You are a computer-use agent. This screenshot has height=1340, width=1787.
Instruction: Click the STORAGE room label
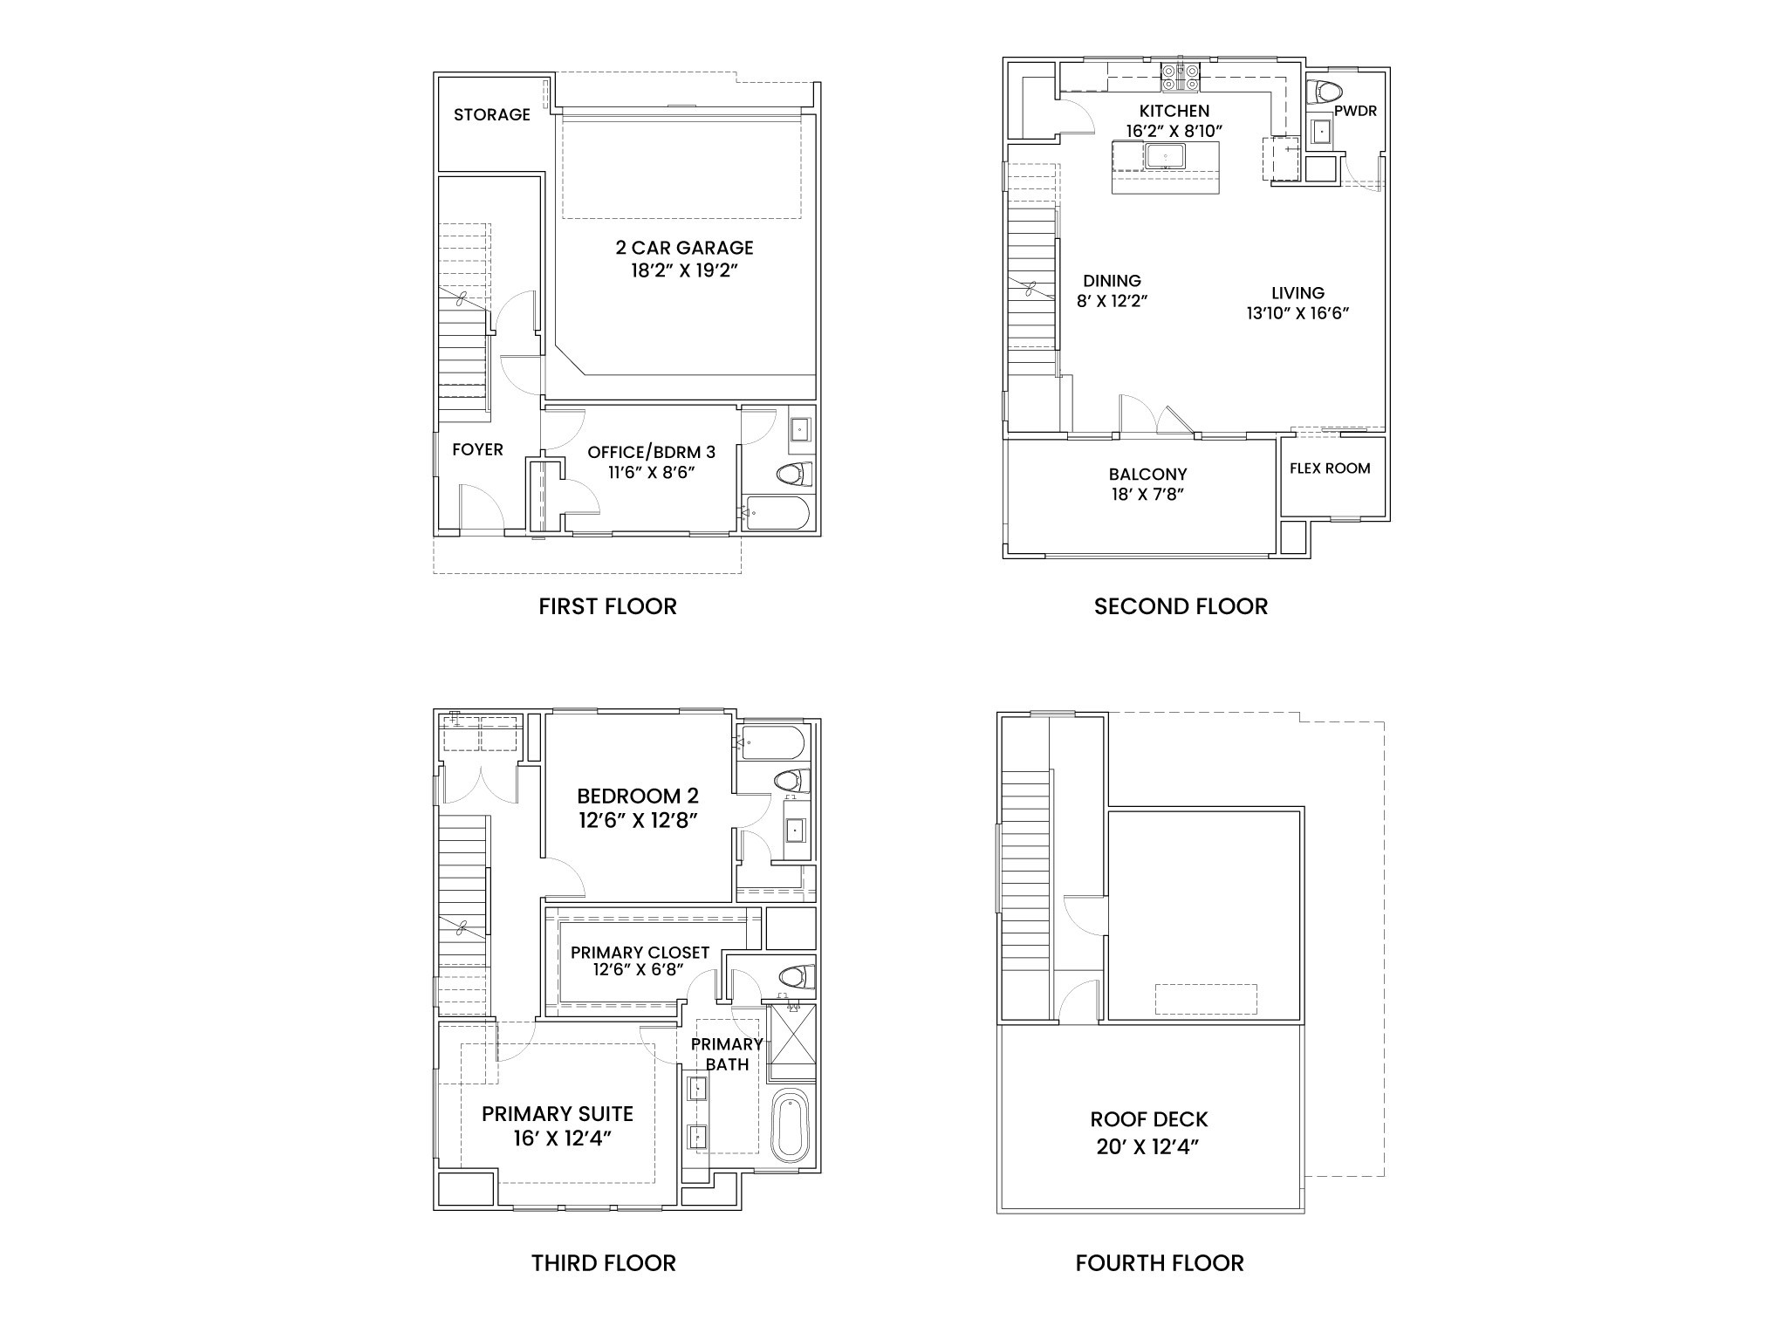pyautogui.click(x=492, y=114)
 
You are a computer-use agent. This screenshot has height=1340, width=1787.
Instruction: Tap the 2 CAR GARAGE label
pyautogui.click(x=684, y=248)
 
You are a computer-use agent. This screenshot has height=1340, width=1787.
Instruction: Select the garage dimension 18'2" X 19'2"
pyautogui.click(x=684, y=270)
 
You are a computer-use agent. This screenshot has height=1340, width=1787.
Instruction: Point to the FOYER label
pyautogui.click(x=477, y=449)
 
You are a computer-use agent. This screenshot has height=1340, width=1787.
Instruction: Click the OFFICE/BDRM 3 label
pyautogui.click(x=651, y=452)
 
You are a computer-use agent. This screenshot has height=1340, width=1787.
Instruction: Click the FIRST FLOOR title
pyautogui.click(x=607, y=606)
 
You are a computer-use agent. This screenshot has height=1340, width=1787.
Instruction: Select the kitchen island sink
pyautogui.click(x=1165, y=156)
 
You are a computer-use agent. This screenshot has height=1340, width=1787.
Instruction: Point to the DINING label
pyautogui.click(x=1112, y=281)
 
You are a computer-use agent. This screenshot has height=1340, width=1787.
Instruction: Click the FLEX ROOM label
pyautogui.click(x=1330, y=468)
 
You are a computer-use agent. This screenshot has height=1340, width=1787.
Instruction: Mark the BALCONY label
pyautogui.click(x=1147, y=475)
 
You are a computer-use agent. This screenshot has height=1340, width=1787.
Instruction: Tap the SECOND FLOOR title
pyautogui.click(x=1181, y=606)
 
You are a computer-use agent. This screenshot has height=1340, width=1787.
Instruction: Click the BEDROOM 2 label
pyautogui.click(x=638, y=796)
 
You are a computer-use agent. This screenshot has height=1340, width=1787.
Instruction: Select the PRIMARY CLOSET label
pyautogui.click(x=640, y=953)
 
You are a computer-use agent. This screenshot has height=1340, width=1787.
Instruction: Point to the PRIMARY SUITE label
pyautogui.click(x=557, y=1114)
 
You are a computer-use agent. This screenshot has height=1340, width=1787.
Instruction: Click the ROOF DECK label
pyautogui.click(x=1148, y=1119)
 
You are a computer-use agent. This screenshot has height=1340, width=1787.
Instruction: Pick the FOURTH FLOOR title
pyautogui.click(x=1160, y=1263)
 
